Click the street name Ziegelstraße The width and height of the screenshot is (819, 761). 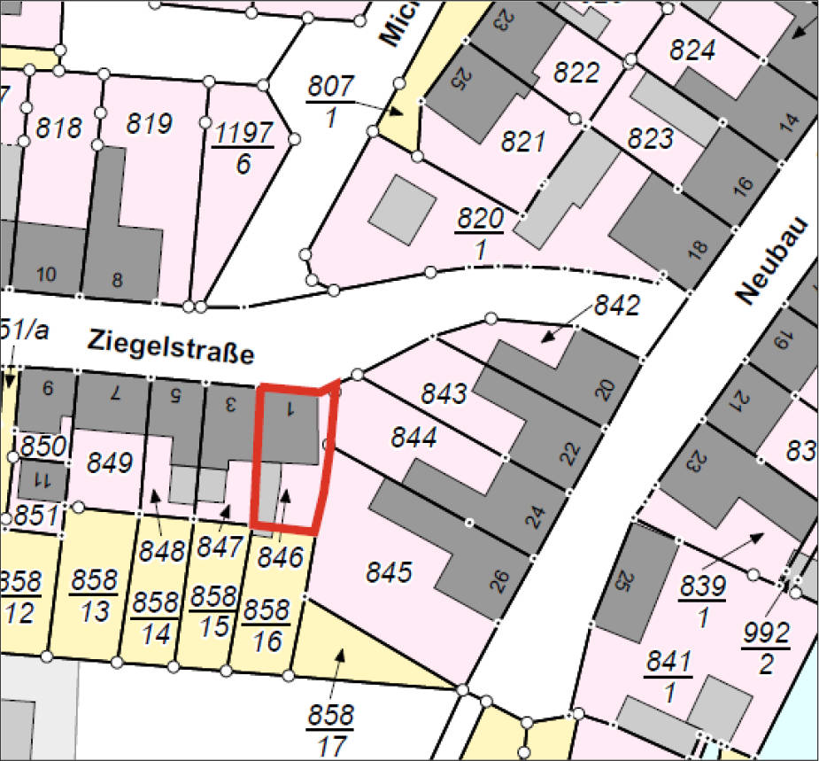(171, 347)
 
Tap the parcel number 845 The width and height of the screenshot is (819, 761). (390, 572)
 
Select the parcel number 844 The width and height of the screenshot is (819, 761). (414, 437)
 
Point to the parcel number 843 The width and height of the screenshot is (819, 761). (443, 392)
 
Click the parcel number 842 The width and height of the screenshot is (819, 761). (616, 307)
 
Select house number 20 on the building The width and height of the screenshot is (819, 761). (605, 388)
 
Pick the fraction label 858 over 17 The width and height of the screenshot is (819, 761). (330, 729)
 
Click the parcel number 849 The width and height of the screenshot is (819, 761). (110, 462)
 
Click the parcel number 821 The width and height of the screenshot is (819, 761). (522, 141)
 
